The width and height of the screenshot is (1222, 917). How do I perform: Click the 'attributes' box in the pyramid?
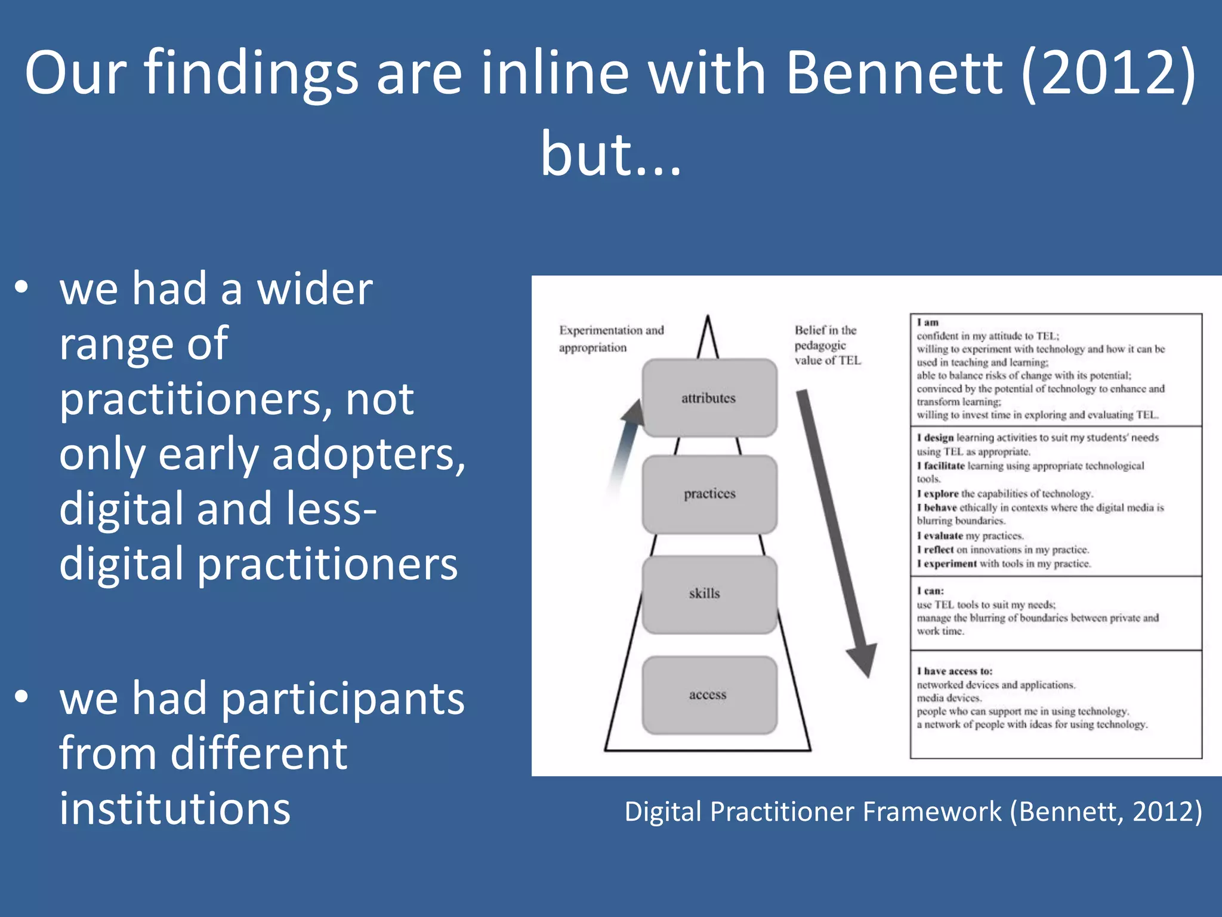[x=709, y=398]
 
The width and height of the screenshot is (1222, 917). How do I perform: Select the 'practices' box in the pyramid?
[x=709, y=494]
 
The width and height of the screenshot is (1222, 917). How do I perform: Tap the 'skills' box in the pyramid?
[x=709, y=594]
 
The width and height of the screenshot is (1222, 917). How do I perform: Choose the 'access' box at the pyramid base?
[x=709, y=695]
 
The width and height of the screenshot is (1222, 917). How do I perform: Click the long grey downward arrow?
[x=835, y=531]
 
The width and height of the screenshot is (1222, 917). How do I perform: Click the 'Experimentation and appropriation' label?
[x=610, y=339]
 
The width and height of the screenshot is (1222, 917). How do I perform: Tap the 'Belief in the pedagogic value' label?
[x=827, y=345]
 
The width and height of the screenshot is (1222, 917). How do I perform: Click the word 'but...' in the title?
[x=610, y=154]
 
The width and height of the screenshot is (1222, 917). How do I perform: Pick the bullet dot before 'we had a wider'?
[x=21, y=287]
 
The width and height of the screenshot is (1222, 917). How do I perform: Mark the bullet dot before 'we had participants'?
[x=21, y=696]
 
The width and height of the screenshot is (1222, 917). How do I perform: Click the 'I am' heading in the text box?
[x=928, y=322]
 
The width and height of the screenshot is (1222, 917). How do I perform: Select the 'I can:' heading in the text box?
[x=931, y=591]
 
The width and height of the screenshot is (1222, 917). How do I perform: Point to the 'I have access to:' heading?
[x=955, y=671]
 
